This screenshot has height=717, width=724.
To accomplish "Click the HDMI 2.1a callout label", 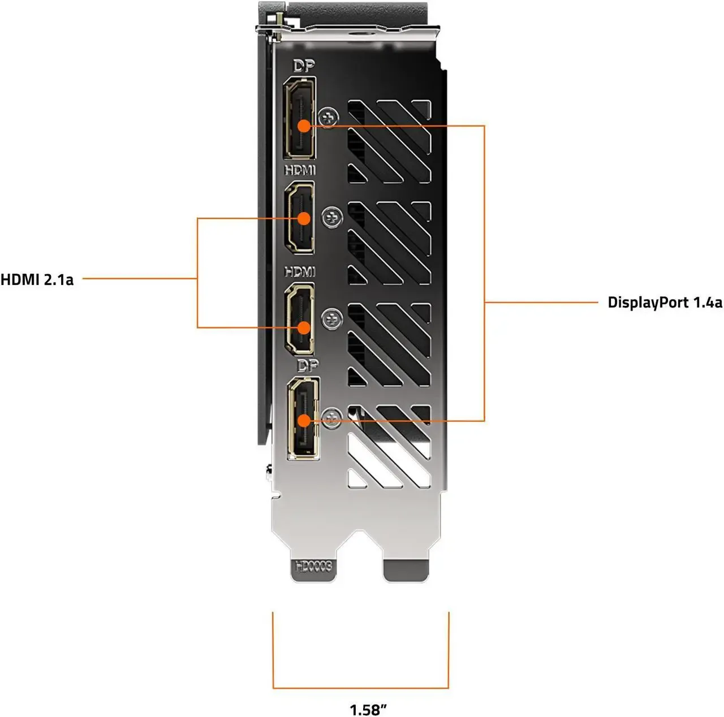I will pyautogui.click(x=37, y=279).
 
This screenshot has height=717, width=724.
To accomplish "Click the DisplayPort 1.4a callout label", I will pyautogui.click(x=665, y=303).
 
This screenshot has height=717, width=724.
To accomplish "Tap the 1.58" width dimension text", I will pyautogui.click(x=368, y=709).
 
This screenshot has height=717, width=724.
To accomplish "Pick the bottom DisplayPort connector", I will pyautogui.click(x=303, y=417).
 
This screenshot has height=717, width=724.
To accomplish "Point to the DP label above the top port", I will pyautogui.click(x=304, y=66).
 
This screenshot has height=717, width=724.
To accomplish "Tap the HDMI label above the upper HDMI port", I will pyautogui.click(x=300, y=170).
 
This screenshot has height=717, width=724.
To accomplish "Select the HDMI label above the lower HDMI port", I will pyautogui.click(x=300, y=272).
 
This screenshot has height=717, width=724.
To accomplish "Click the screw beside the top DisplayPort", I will pyautogui.click(x=329, y=117).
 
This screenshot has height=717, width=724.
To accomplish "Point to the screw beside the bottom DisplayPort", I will pyautogui.click(x=330, y=418).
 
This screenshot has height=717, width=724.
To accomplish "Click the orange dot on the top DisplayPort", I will pyautogui.click(x=304, y=126).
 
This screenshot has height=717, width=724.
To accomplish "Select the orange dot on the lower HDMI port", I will pyautogui.click(x=304, y=328).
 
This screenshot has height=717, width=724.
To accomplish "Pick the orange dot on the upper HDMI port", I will pyautogui.click(x=304, y=218).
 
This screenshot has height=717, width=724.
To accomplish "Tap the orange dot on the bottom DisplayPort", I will pyautogui.click(x=304, y=421).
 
